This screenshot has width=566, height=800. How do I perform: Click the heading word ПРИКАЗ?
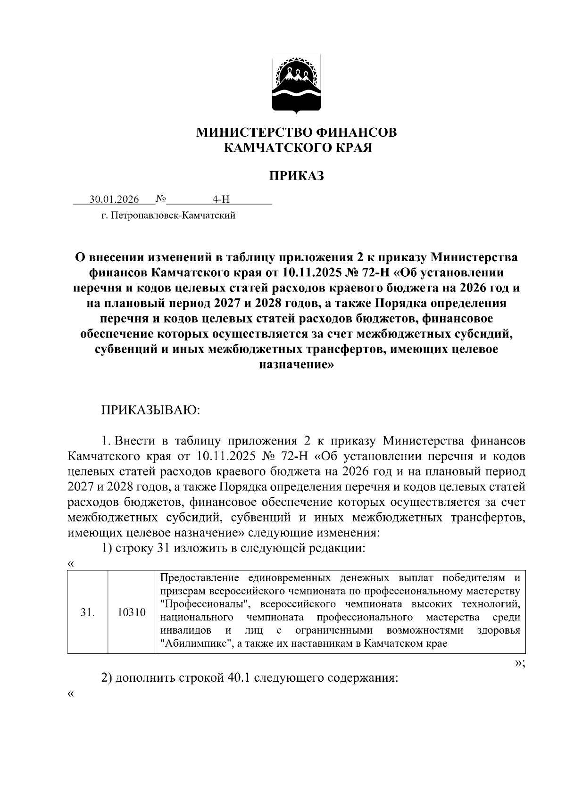[x=296, y=176]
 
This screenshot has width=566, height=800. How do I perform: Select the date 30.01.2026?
[x=115, y=199]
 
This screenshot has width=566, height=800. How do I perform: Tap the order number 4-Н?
[x=220, y=199]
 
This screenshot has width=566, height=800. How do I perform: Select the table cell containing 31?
[x=88, y=612]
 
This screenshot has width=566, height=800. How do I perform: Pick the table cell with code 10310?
[x=132, y=612]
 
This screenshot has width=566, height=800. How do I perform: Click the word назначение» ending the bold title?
[x=297, y=364]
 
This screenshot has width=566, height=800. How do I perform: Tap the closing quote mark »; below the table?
[x=519, y=663]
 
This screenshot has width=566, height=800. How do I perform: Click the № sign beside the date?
[x=161, y=199]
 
